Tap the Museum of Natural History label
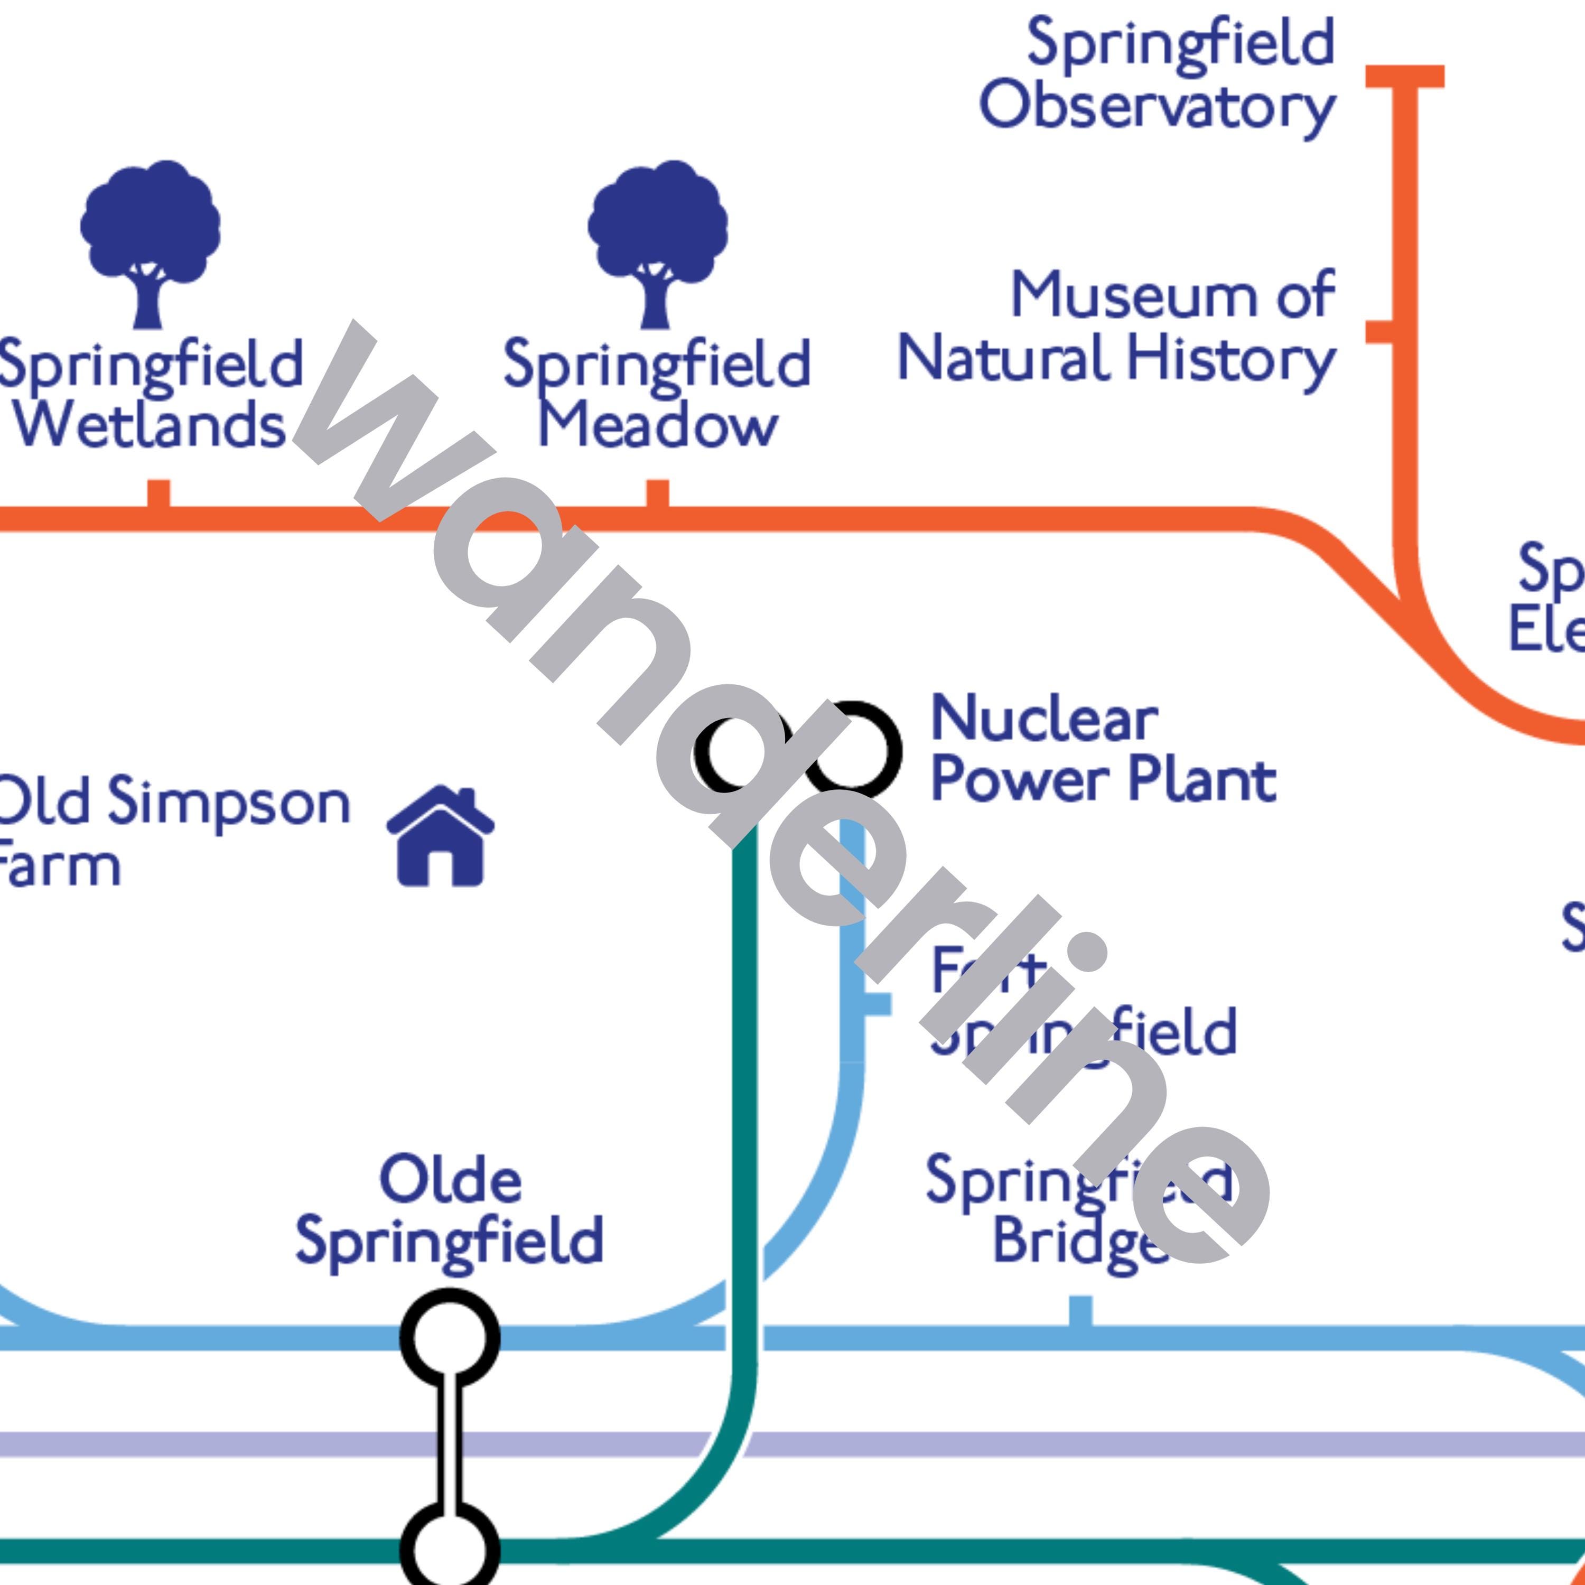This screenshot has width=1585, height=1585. [x=1116, y=328]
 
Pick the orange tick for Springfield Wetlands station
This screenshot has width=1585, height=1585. [x=158, y=495]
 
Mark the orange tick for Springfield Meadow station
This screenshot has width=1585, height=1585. [x=657, y=495]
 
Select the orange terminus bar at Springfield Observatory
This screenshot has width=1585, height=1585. [x=1404, y=76]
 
